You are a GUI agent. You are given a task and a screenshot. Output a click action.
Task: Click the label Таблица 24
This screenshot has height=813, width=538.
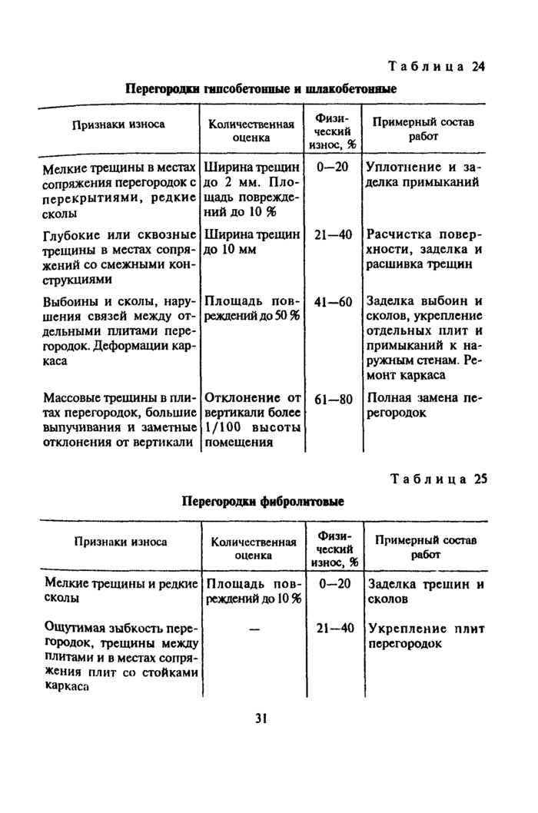(x=435, y=66)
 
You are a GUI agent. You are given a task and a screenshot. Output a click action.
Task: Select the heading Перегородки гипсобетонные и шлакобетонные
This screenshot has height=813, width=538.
(x=261, y=89)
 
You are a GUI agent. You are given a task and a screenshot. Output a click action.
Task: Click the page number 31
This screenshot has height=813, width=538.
(x=261, y=718)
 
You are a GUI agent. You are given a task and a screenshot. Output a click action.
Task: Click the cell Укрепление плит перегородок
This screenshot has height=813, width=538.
(x=427, y=636)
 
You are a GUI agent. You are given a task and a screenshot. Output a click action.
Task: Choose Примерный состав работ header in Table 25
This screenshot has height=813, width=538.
(x=425, y=546)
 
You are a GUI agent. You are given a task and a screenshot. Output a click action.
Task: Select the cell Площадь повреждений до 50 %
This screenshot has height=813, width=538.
(x=251, y=309)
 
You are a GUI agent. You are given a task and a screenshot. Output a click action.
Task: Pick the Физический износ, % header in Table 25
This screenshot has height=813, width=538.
(x=334, y=547)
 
